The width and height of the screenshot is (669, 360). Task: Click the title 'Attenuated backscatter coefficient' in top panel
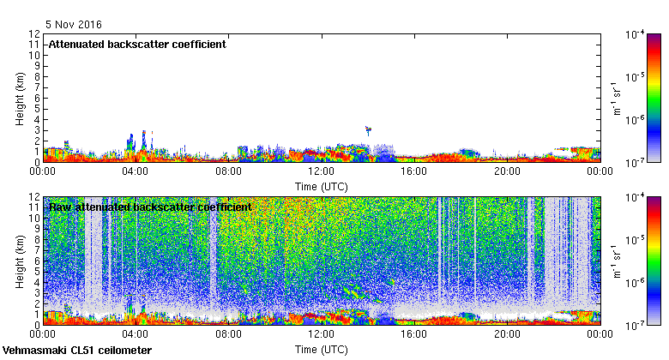(x=137, y=44)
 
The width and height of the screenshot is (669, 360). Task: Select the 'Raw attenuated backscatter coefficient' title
(x=150, y=207)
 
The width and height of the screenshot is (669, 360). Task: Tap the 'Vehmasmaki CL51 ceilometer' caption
(x=77, y=351)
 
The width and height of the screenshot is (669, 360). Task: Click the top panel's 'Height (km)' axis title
(x=20, y=98)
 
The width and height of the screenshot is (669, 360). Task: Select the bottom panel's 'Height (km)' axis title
(x=20, y=261)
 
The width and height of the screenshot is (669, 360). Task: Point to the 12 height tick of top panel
(x=35, y=34)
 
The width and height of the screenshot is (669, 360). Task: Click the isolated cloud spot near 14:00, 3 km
(x=368, y=130)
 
